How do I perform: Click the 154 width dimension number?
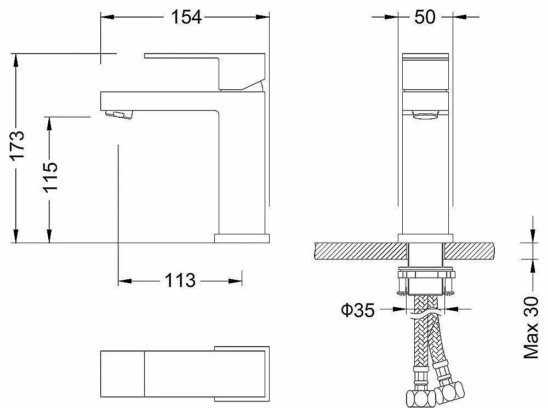click(186, 17)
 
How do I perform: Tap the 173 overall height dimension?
click(17, 145)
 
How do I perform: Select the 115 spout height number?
click(50, 177)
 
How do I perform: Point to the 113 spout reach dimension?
click(180, 280)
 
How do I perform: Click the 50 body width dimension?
click(425, 17)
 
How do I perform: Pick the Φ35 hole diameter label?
click(357, 310)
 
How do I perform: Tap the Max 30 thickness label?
click(531, 327)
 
